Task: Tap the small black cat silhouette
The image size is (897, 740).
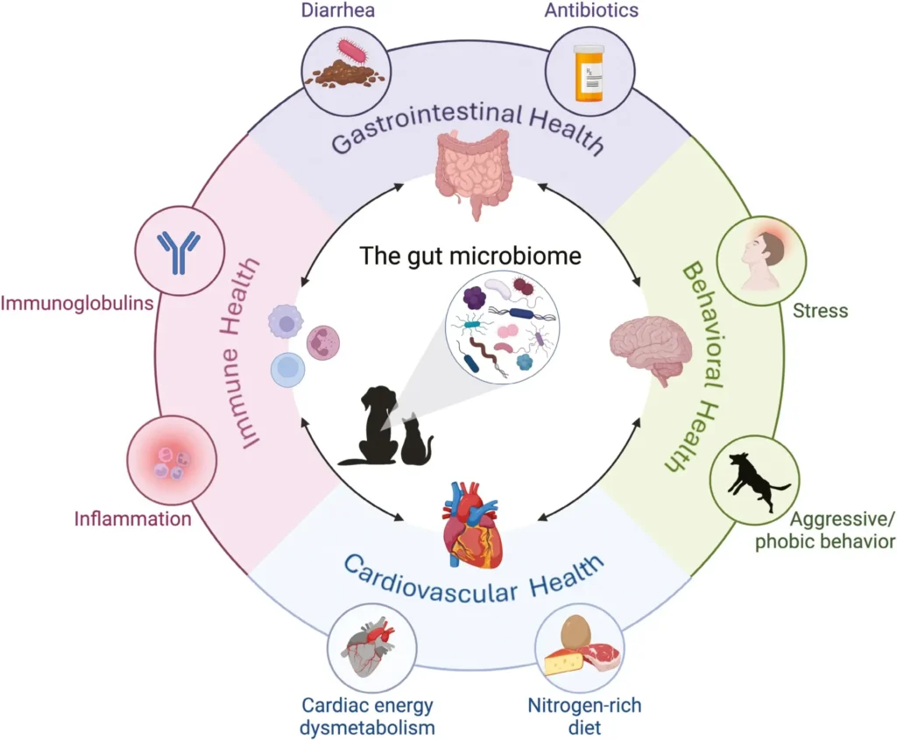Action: [x=416, y=442]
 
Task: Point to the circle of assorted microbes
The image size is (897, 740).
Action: [x=498, y=328]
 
